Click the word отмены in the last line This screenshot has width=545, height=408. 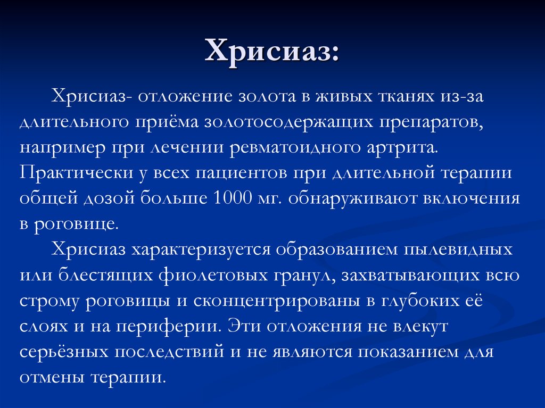(52, 377)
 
